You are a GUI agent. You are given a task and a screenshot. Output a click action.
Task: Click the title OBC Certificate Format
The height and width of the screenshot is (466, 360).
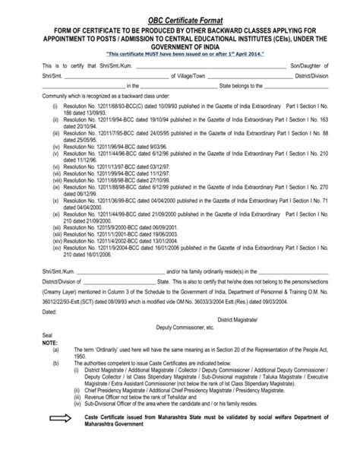pos(180,9)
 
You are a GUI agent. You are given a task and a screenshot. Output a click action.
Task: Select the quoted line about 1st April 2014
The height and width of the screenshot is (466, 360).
pos(179,55)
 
